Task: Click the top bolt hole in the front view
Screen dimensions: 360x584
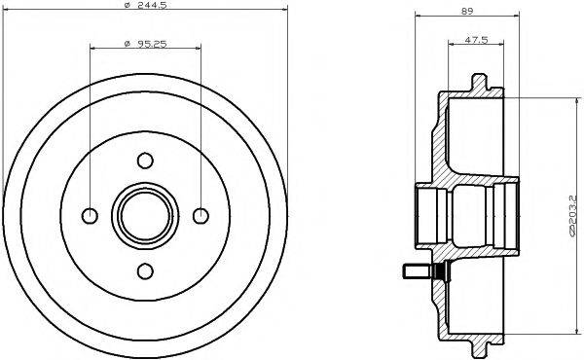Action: pos(145,160)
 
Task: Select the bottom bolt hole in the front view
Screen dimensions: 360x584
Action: pos(145,270)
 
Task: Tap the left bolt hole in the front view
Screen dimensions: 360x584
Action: pos(90,215)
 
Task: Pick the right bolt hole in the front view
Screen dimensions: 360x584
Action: pos(201,215)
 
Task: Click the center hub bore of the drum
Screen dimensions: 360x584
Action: pos(145,215)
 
